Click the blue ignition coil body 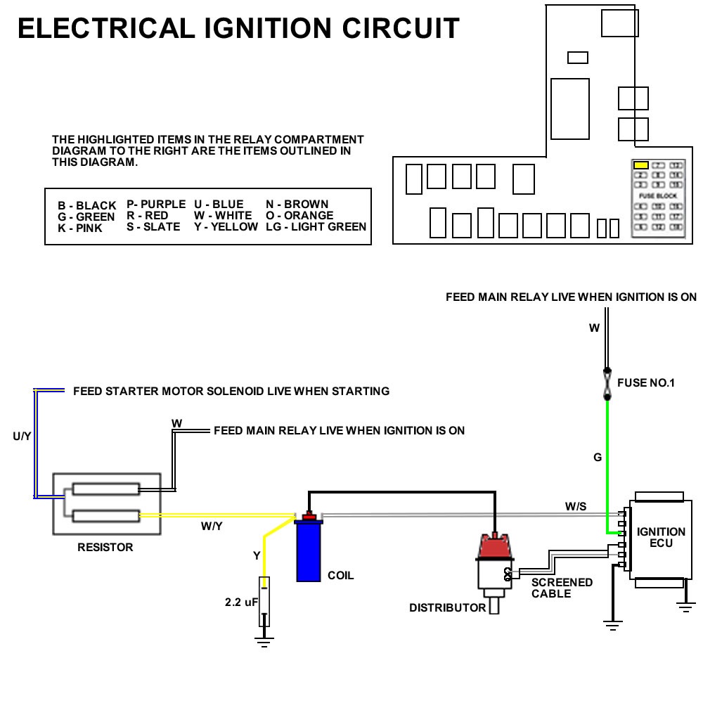pos(308,552)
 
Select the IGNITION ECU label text pos(661,537)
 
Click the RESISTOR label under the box pos(105,547)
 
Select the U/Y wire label pos(22,437)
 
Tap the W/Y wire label pos(212,527)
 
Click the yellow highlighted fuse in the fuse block pos(640,166)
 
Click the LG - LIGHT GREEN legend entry pos(316,226)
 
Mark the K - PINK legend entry pos(79,228)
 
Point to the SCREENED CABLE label pos(561,588)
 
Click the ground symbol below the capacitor pos(264,640)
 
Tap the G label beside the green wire pos(598,458)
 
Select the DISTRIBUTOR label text pos(447,607)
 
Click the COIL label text pos(341,576)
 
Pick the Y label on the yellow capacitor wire pos(257,556)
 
